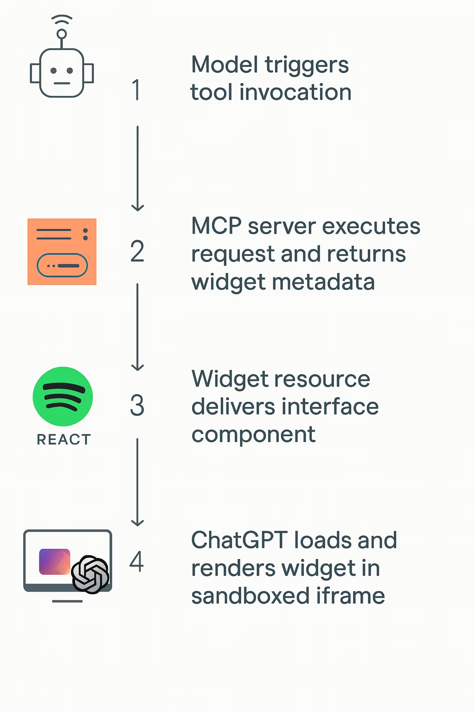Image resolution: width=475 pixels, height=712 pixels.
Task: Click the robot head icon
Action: (62, 73)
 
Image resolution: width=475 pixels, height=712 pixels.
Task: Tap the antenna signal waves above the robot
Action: (62, 20)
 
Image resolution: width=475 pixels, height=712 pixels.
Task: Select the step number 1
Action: (136, 90)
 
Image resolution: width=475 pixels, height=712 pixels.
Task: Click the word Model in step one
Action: (225, 65)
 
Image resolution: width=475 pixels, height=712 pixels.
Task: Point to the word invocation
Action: (295, 92)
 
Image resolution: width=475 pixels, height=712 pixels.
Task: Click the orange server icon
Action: (62, 252)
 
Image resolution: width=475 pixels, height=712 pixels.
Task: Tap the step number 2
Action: (137, 252)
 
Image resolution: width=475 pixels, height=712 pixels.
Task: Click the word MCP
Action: (216, 227)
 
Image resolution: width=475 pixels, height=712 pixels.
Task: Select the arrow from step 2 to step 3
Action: (137, 327)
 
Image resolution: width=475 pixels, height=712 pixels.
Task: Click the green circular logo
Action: (63, 396)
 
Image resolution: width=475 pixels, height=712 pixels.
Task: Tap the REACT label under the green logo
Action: (64, 439)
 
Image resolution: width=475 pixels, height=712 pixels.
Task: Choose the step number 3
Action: (137, 406)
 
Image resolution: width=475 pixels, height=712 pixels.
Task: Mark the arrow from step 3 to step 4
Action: (137, 482)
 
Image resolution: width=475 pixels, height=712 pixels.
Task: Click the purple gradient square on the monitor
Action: (54, 561)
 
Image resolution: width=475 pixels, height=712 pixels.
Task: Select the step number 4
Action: (136, 562)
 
